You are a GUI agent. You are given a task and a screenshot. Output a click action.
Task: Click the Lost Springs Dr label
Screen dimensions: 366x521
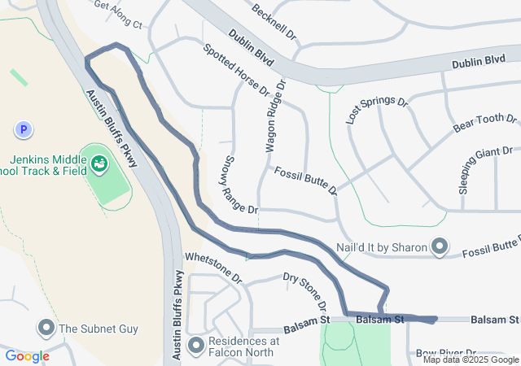click(376, 109)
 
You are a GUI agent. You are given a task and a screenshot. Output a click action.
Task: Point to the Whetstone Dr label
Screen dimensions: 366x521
click(214, 266)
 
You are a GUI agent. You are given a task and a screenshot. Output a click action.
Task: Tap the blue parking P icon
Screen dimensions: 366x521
click(24, 129)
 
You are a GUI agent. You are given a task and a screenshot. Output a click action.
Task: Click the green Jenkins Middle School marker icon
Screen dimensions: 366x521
click(99, 163)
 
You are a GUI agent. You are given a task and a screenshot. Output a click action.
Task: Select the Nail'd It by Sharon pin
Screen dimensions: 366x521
click(440, 246)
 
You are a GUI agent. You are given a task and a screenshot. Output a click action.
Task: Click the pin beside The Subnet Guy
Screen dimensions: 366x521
click(46, 329)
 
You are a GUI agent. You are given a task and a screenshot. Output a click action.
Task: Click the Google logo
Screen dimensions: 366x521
click(28, 356)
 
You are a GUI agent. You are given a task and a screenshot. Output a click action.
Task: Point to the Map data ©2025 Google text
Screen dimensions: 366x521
click(471, 359)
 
